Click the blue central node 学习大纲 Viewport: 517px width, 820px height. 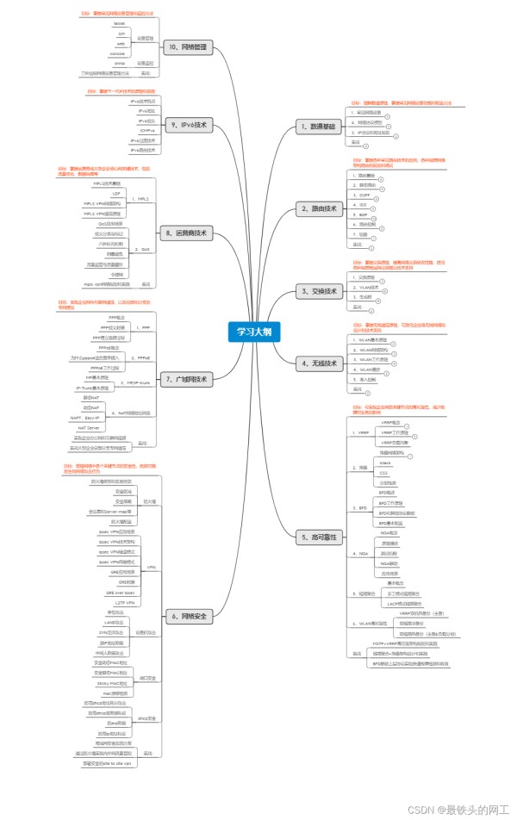coord(257,331)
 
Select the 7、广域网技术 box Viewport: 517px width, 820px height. coord(187,378)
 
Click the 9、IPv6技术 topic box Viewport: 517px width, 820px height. coord(187,125)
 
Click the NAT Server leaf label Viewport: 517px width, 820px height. coord(90,426)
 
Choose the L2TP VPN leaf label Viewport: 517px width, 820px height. coord(123,603)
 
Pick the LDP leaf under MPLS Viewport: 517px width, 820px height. coord(115,194)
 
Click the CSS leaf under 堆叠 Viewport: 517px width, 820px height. coord(384,473)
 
